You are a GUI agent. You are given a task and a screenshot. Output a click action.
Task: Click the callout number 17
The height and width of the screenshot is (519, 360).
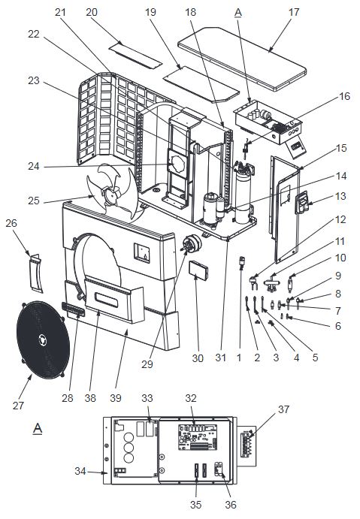click(x=294, y=12)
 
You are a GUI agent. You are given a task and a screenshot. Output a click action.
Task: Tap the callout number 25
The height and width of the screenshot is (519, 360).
click(x=34, y=201)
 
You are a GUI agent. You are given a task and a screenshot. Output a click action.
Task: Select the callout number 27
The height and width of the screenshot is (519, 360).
click(x=19, y=406)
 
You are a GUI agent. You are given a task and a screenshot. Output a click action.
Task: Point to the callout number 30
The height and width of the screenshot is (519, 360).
click(x=198, y=358)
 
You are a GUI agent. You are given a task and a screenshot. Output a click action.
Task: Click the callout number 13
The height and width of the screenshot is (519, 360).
click(x=340, y=196)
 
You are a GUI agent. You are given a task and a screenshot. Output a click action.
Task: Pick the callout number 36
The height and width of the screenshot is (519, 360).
click(x=231, y=505)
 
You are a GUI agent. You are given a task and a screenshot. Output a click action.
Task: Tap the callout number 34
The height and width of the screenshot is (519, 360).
click(x=80, y=471)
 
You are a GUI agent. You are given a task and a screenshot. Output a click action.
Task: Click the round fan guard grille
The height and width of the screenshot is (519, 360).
click(x=43, y=339)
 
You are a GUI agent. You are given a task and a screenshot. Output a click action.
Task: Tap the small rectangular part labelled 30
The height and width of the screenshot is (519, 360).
click(x=198, y=270)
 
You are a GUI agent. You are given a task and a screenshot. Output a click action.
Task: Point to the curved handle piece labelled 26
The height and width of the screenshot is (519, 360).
click(x=36, y=273)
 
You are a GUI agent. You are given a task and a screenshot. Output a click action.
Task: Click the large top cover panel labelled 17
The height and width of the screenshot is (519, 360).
click(x=242, y=59)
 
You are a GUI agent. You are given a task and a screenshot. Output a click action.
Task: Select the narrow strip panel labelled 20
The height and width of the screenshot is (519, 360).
click(x=135, y=55)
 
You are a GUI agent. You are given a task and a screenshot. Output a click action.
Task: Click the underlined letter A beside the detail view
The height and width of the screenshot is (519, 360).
click(x=38, y=429)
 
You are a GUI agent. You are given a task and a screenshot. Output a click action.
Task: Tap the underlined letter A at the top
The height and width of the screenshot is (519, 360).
click(x=238, y=13)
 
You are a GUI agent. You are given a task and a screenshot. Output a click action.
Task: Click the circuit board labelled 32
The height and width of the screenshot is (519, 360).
click(x=198, y=438)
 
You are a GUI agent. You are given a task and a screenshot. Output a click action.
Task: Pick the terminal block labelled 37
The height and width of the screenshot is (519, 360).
click(x=247, y=444)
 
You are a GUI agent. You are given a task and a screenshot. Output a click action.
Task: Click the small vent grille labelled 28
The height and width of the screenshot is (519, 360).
click(x=73, y=309)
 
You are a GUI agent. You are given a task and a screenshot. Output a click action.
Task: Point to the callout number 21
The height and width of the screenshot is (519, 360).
click(x=60, y=12)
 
